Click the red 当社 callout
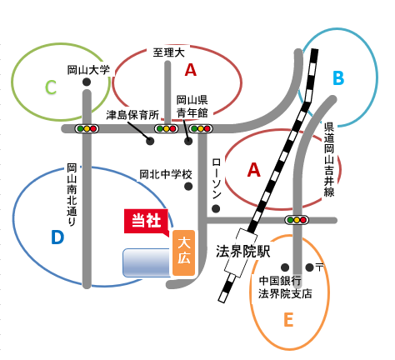[x=146, y=222]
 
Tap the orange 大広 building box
[x=183, y=253]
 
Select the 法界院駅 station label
[x=243, y=252]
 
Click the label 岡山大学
[x=88, y=70]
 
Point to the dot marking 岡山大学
[x=87, y=82]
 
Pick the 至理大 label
[x=169, y=52]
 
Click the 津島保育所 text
[x=132, y=115]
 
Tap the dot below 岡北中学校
[x=188, y=187]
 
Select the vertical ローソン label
[x=217, y=178]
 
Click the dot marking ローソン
[x=216, y=208]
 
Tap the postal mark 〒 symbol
[x=320, y=267]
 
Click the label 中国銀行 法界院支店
[x=285, y=287]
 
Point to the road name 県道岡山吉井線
[x=329, y=160]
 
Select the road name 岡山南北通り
[x=72, y=195]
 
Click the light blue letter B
[x=338, y=77]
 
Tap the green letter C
[x=51, y=87]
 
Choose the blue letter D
[x=57, y=237]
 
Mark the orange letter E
[x=288, y=319]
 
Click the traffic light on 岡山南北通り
[x=87, y=128]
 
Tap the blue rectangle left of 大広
[x=147, y=262]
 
